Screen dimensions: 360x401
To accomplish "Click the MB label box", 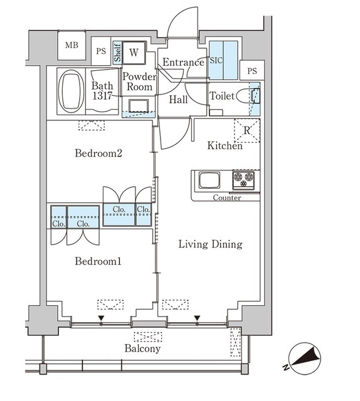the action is click(x=71, y=45).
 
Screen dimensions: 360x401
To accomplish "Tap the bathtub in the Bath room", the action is click(x=71, y=91).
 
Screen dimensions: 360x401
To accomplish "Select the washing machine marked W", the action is click(x=134, y=53).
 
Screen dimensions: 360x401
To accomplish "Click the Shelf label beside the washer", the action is click(x=117, y=53).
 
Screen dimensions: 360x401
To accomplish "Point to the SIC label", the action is click(x=216, y=60).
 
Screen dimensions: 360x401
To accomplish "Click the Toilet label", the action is click(x=222, y=96).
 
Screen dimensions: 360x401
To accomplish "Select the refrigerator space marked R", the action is click(x=247, y=130).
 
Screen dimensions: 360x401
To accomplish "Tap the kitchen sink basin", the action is click(x=209, y=180).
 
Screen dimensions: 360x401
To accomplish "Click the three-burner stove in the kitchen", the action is click(x=243, y=180).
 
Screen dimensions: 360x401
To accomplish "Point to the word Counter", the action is click(x=227, y=198).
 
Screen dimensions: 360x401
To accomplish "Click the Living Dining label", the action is click(x=210, y=244).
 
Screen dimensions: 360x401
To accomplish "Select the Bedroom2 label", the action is click(x=98, y=153).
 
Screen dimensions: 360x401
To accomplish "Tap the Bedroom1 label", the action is click(x=98, y=261).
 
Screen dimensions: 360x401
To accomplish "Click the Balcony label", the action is click(x=142, y=348).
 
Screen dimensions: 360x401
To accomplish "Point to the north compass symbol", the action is click(x=304, y=358).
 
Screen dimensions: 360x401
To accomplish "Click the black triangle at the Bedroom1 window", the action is click(x=102, y=318).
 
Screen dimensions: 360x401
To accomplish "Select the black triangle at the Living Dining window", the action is click(x=197, y=318).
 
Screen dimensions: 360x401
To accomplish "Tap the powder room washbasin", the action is click(x=139, y=106).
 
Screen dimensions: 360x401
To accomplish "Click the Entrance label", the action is click(x=183, y=62).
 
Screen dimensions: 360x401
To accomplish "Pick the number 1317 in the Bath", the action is click(x=102, y=96).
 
